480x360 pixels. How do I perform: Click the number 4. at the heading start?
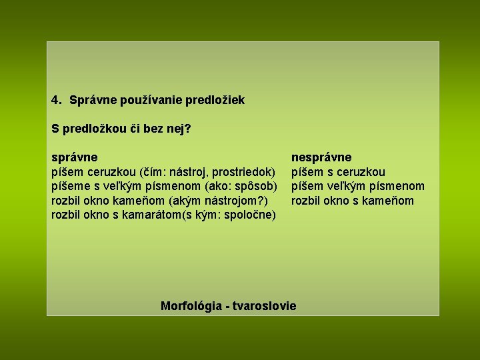coord(57,100)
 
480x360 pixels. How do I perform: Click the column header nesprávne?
coord(321,157)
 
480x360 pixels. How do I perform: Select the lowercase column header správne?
coord(75,157)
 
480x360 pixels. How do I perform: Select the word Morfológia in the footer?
coord(191,306)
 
